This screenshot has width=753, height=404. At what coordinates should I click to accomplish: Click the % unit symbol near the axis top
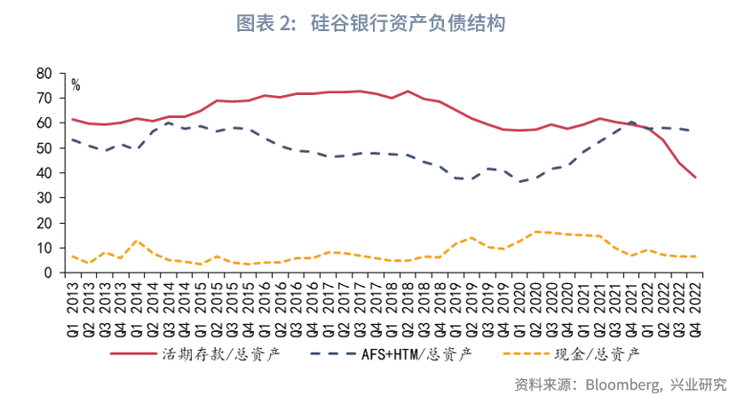[x=76, y=85]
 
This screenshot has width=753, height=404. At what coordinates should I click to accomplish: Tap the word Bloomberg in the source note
[x=621, y=385]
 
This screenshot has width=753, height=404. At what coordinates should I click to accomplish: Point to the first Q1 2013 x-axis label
[x=74, y=297]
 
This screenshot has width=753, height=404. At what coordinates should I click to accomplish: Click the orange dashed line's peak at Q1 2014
[x=136, y=241]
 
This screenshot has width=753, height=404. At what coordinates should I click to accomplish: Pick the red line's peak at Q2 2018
[x=408, y=91]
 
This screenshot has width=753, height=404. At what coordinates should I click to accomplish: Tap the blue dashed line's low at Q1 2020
[x=519, y=182]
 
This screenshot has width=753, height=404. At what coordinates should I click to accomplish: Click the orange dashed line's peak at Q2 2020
[x=535, y=232]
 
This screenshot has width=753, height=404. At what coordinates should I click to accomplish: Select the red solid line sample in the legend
[x=133, y=353]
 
